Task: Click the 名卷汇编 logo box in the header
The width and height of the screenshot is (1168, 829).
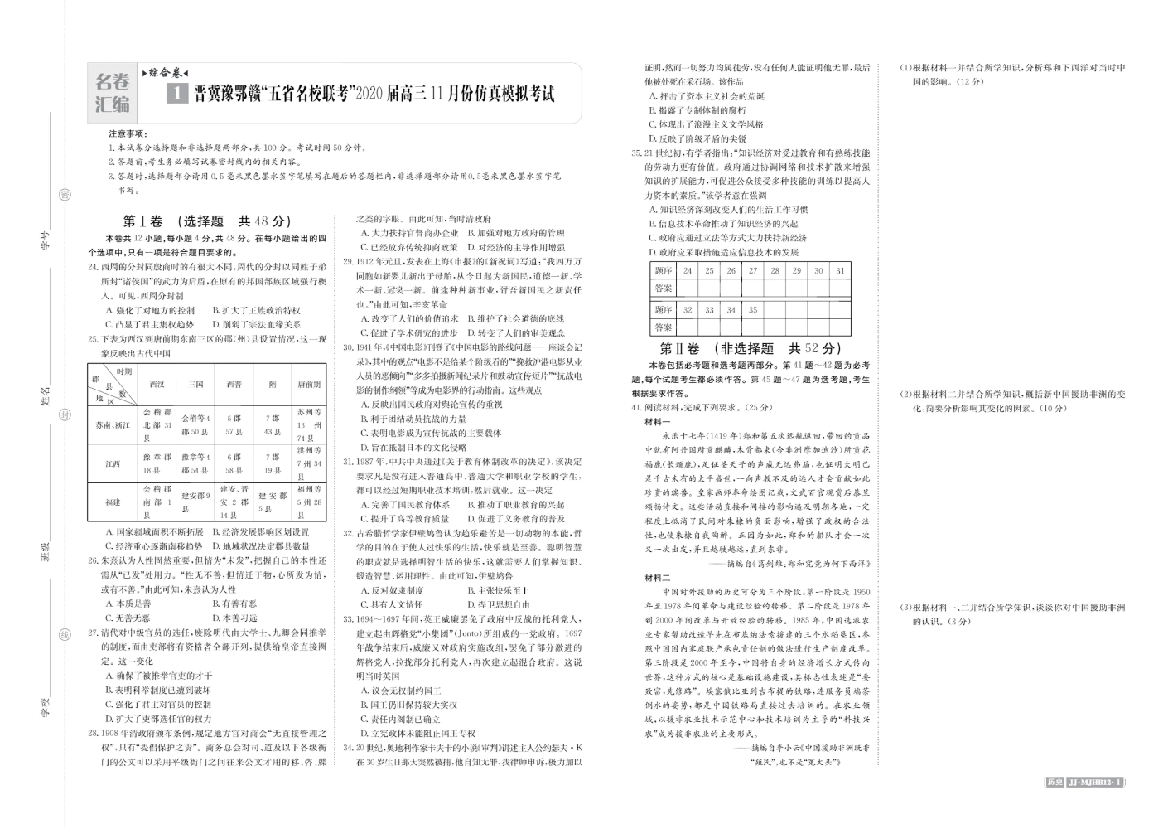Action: tap(113, 93)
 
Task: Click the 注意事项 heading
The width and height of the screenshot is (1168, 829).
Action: tap(128, 133)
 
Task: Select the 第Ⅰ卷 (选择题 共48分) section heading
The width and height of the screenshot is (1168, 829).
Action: tap(207, 221)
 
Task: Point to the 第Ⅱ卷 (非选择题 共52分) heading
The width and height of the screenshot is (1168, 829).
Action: tap(750, 349)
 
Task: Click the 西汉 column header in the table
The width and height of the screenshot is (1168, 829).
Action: tap(157, 385)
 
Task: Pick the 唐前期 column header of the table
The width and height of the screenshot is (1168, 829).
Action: tap(308, 385)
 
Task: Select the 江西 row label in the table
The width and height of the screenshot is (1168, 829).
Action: tap(113, 463)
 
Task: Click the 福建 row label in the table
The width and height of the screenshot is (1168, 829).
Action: tap(113, 502)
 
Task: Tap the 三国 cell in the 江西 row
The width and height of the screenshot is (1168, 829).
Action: tap(195, 463)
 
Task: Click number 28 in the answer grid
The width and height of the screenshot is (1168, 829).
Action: tap(775, 270)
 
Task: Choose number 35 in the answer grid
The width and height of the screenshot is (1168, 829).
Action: tap(752, 310)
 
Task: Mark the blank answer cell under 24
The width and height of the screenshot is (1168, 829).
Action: tap(687, 288)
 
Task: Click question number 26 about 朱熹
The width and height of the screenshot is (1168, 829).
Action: tap(94, 561)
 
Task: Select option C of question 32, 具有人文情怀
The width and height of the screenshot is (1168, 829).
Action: tap(393, 604)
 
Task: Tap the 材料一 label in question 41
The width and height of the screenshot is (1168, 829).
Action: tap(658, 422)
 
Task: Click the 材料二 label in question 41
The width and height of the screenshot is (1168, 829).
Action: tap(658, 578)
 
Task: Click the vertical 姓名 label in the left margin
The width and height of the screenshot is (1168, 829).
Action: tap(46, 395)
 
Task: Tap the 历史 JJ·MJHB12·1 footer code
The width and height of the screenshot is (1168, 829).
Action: tap(1082, 782)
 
